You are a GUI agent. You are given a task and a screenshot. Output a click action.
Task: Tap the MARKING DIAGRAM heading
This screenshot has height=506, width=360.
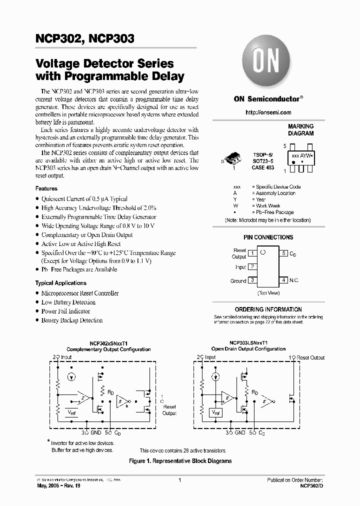301,130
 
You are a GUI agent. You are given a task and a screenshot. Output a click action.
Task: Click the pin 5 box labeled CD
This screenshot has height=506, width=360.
284,253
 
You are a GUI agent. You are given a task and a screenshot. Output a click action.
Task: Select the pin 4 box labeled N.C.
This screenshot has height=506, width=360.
284,280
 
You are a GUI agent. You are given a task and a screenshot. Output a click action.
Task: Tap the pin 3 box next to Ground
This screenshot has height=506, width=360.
253,280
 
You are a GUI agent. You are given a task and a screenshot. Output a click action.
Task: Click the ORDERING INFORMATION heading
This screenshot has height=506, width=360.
268,309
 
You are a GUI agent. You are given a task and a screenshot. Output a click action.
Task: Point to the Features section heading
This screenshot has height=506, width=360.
46,188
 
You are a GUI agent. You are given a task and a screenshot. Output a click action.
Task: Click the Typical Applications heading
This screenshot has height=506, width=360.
61,283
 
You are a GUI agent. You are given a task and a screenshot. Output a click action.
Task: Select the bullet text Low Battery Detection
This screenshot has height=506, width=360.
68,302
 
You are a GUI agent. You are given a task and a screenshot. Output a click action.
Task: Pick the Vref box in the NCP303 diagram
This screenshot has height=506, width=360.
216,413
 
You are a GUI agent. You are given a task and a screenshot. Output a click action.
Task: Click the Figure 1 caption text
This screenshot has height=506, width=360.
180,461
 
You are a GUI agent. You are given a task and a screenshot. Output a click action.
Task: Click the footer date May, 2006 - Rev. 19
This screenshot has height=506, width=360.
56,485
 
